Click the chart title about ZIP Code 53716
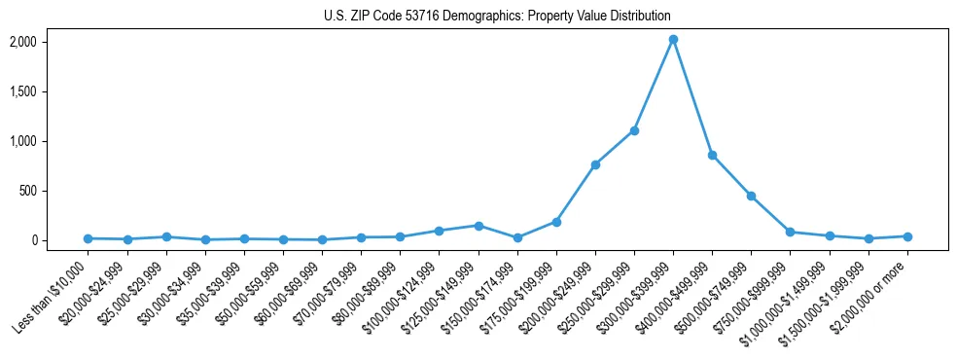click(x=497, y=17)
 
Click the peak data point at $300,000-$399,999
click(x=673, y=40)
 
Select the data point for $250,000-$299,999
click(x=634, y=130)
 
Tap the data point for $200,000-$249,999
click(x=595, y=164)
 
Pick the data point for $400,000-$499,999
click(x=712, y=155)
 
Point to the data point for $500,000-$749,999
click(x=751, y=196)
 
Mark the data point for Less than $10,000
click(x=89, y=238)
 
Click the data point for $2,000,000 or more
click(x=907, y=236)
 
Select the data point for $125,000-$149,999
click(x=478, y=226)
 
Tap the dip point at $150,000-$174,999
click(x=517, y=237)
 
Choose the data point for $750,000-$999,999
click(x=790, y=232)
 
